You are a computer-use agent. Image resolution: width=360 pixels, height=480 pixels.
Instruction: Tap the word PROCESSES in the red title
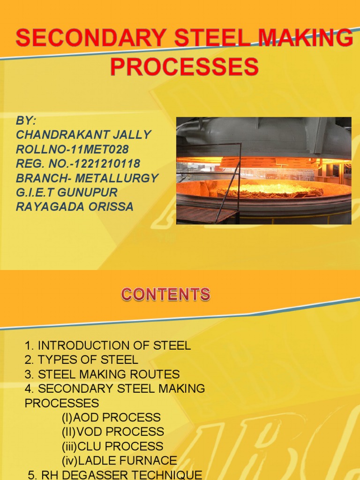coord(184,67)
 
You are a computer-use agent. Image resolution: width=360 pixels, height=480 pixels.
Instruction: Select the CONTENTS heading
coord(165,294)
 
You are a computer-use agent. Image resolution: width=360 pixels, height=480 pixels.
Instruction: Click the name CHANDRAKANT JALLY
coord(83,135)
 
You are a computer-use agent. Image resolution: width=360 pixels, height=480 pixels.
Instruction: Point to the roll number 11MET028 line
coord(73,149)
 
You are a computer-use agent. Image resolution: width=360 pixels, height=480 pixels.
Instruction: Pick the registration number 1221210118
coord(78,164)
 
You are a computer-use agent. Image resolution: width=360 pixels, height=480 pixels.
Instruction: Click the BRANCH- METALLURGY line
coord(87,178)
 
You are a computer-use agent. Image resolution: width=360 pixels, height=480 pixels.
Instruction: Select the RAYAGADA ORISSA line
coord(75,207)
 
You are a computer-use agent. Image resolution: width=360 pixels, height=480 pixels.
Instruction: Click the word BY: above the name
coord(26,120)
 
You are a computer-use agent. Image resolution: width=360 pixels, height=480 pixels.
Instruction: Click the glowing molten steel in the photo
coord(270,190)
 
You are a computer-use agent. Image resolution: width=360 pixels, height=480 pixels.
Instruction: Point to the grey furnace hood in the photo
coord(262,138)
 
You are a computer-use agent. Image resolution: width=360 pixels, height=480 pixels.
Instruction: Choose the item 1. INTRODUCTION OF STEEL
coord(108,346)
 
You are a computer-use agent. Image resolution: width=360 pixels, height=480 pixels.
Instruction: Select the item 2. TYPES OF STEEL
coord(82,360)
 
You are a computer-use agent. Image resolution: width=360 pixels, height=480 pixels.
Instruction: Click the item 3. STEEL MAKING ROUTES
coord(102,375)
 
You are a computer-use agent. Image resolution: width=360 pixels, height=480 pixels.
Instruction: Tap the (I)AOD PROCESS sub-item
coord(111,417)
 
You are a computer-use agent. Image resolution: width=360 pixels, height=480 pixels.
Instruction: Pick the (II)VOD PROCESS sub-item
coord(112,432)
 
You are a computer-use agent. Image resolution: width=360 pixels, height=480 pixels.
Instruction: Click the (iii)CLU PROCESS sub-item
coord(112,446)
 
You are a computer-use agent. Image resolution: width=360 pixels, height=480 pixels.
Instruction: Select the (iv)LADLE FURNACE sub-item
coord(119,461)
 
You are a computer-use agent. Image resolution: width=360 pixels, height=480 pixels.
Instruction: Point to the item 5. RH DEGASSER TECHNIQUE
coord(115,474)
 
